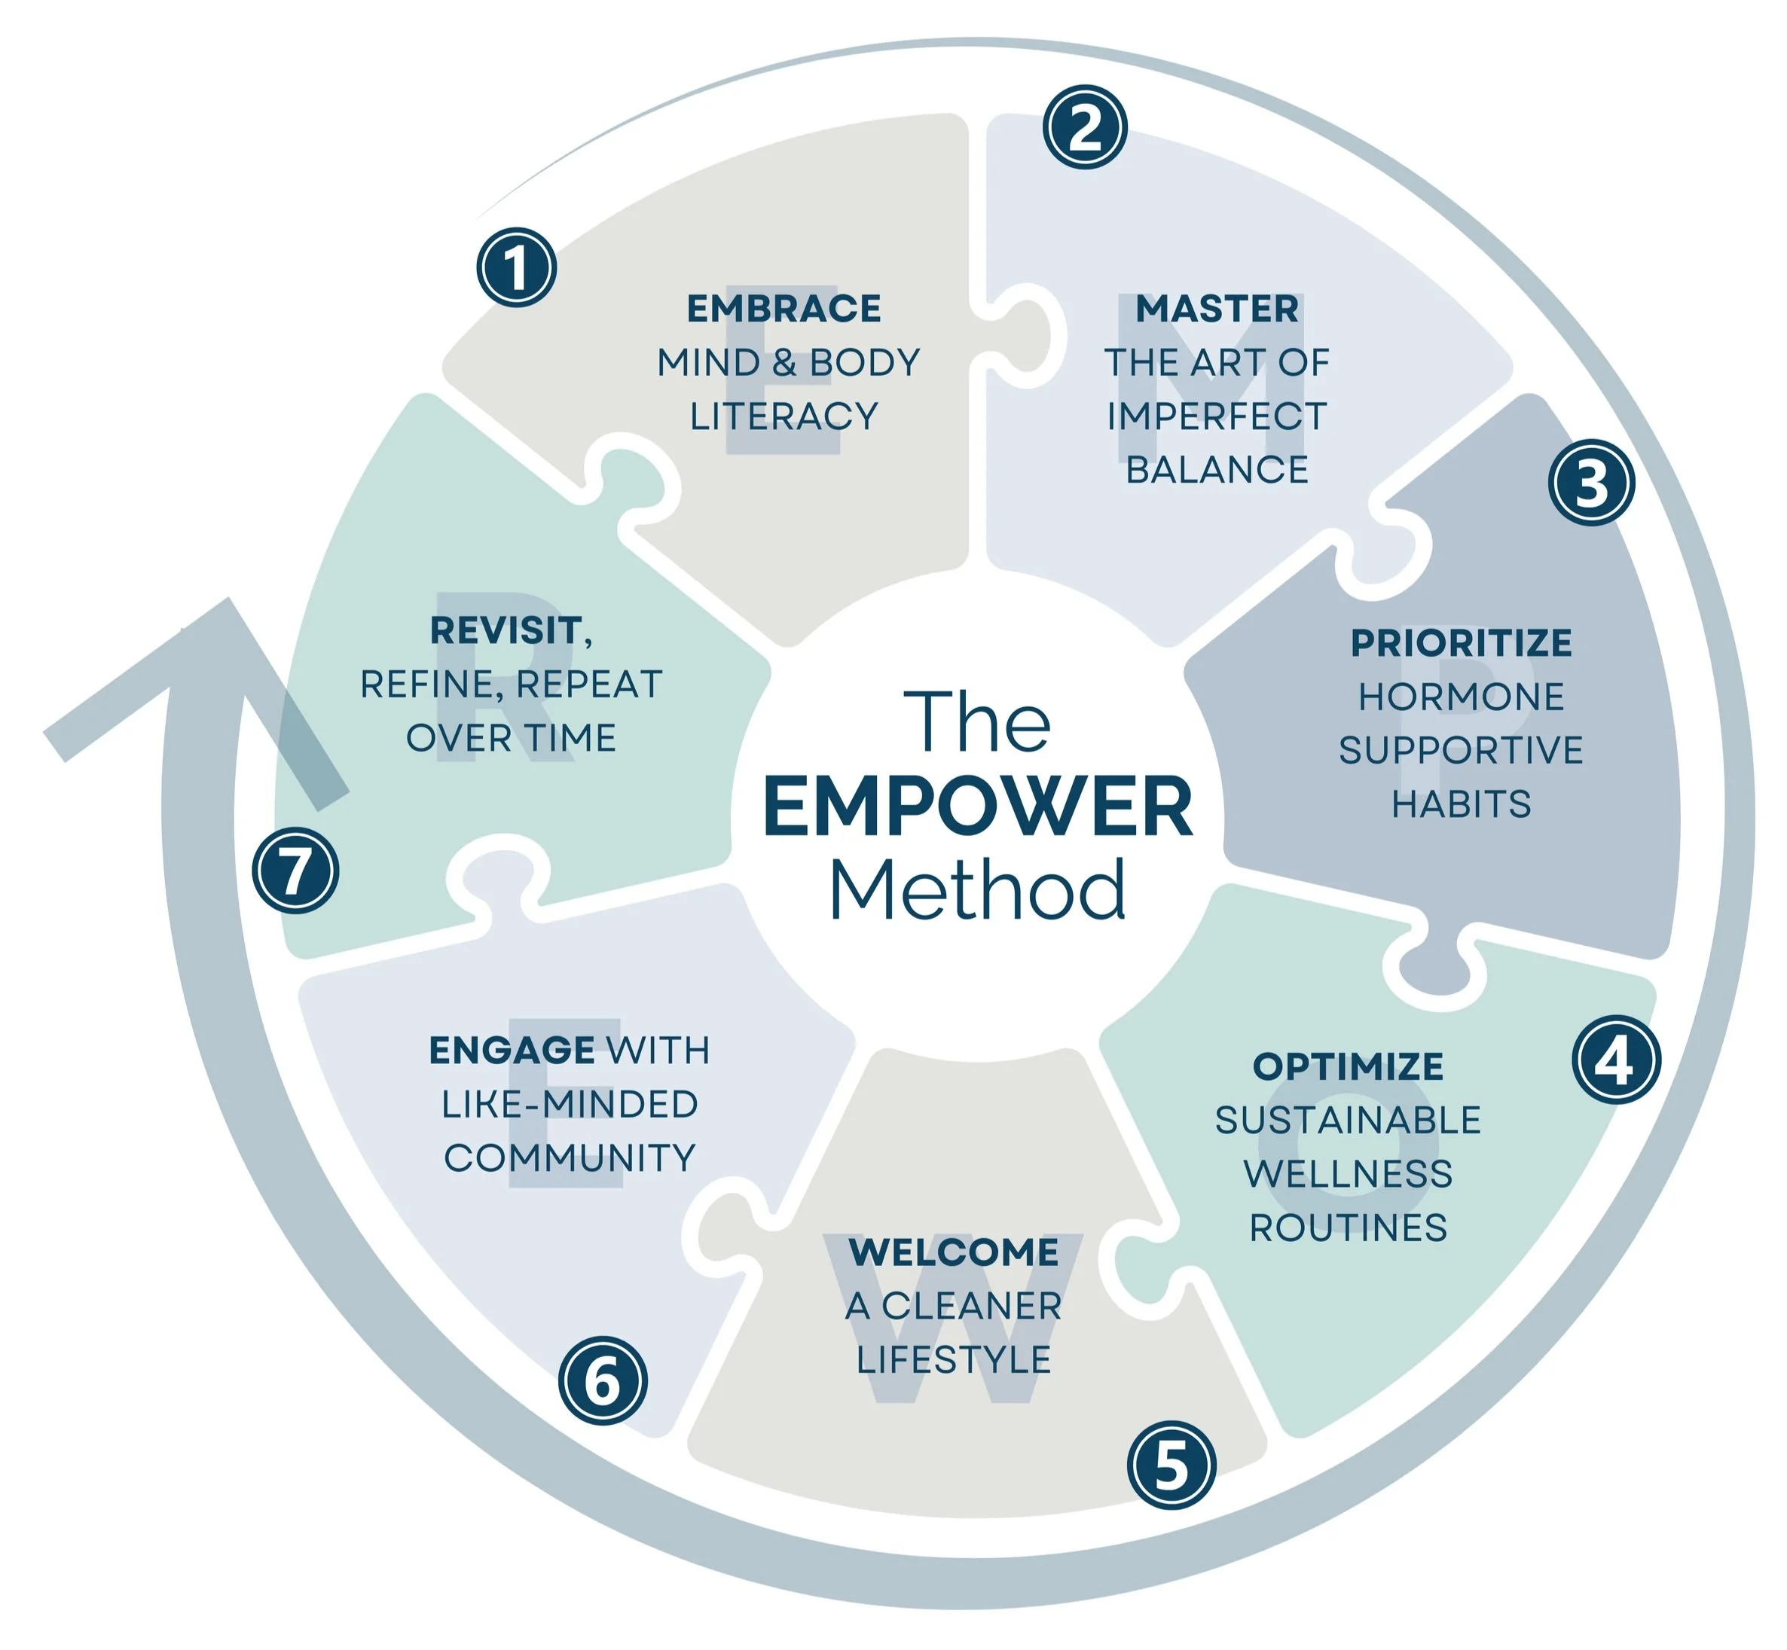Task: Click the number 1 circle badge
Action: click(x=516, y=267)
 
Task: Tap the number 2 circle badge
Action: click(x=1084, y=127)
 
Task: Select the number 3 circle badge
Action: click(x=1590, y=482)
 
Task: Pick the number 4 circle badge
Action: click(x=1615, y=1060)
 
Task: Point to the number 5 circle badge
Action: click(x=1171, y=1465)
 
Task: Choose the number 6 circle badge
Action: click(x=603, y=1380)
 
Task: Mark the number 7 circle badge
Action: click(x=295, y=871)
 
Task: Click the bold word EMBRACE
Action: click(x=784, y=309)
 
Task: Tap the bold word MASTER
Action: click(x=1217, y=309)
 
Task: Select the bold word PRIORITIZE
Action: click(x=1461, y=643)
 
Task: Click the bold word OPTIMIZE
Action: click(x=1348, y=1066)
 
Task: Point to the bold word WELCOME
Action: click(x=953, y=1252)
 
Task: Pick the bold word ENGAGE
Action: click(x=512, y=1050)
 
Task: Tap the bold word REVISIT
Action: click(x=507, y=630)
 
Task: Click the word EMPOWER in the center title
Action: click(x=978, y=807)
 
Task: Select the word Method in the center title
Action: click(x=978, y=890)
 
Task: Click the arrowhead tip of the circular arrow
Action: click(x=228, y=601)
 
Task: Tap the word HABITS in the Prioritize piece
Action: click(x=1461, y=804)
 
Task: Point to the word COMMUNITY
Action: click(x=569, y=1158)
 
